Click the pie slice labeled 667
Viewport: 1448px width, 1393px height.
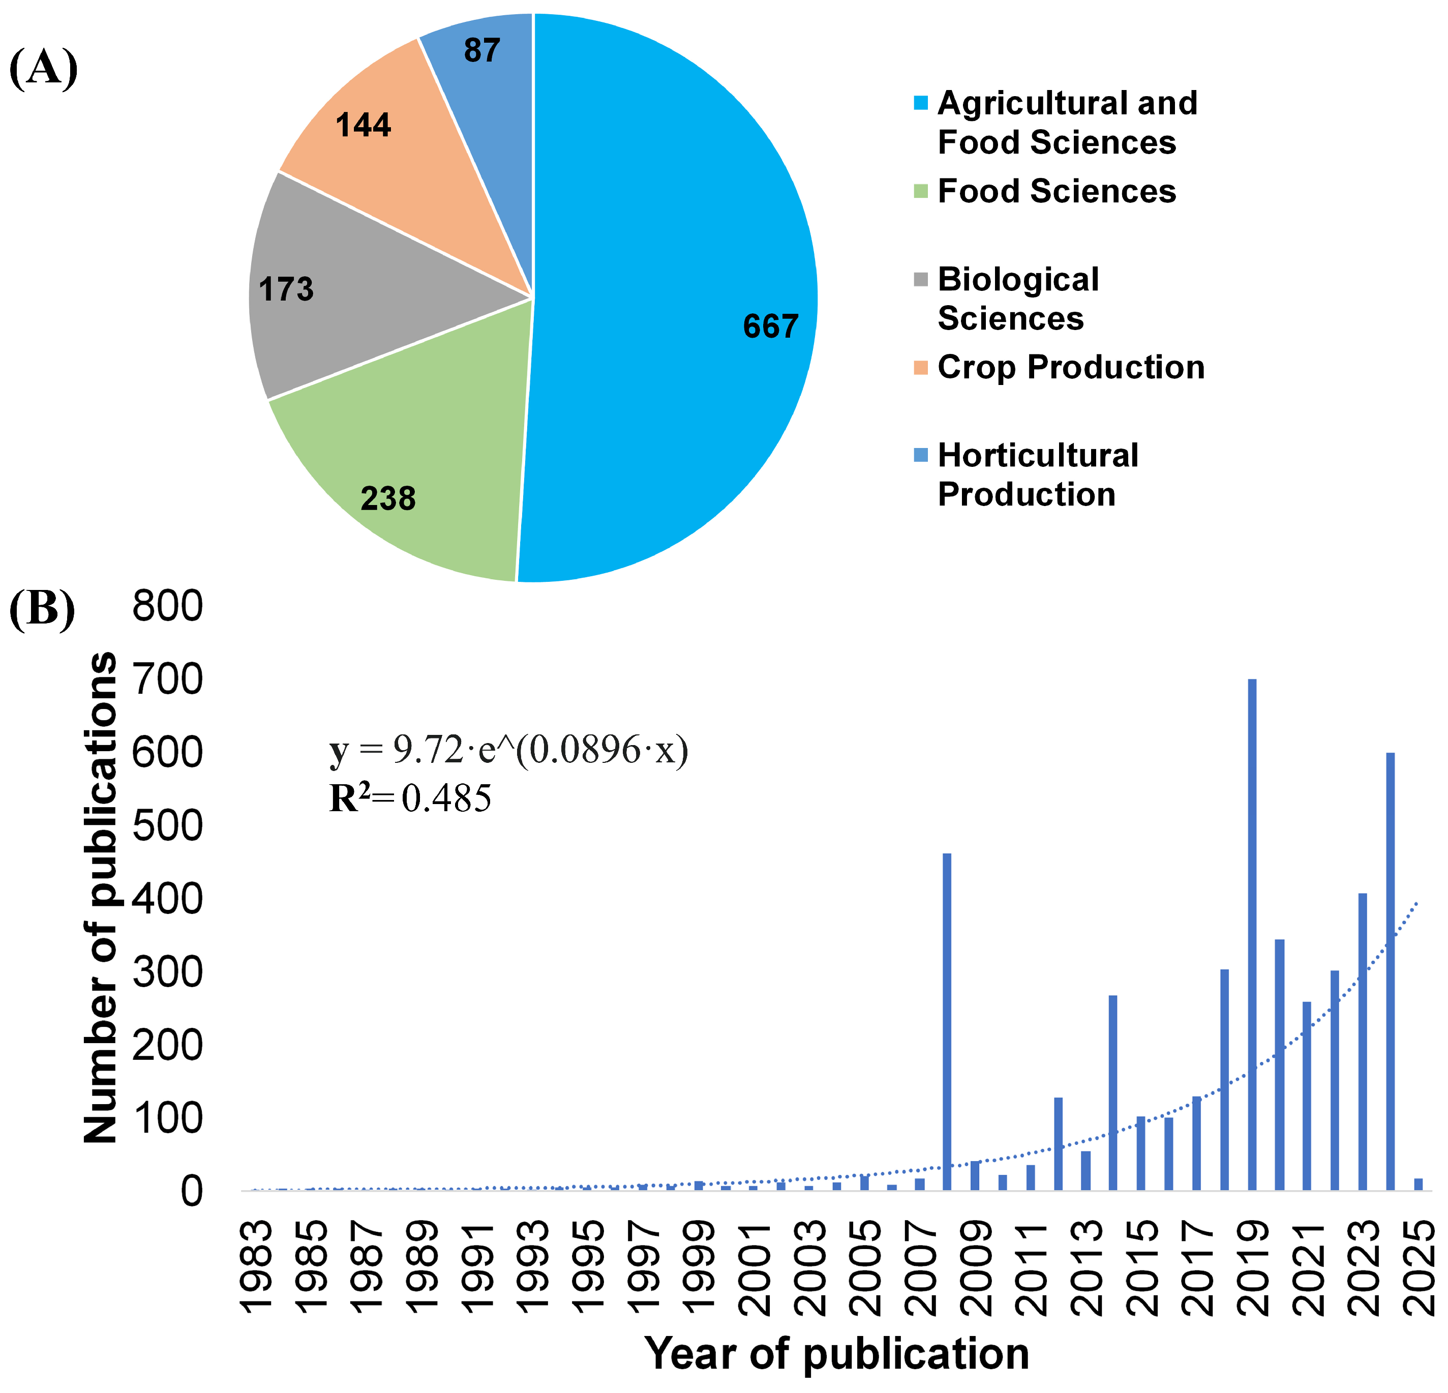(x=665, y=295)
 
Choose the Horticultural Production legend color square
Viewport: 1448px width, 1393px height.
(x=921, y=455)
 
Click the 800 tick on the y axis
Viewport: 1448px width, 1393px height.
(x=167, y=607)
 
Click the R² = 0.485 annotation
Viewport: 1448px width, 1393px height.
(x=410, y=799)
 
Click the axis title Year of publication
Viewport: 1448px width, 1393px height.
(x=836, y=1354)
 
